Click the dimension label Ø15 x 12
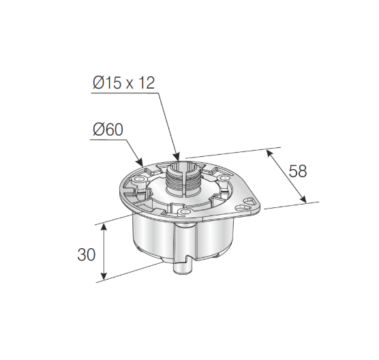(124, 83)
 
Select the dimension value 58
(298, 170)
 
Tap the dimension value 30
(86, 255)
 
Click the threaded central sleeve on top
(182, 181)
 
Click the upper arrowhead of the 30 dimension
(103, 226)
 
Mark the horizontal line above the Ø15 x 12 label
(123, 93)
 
